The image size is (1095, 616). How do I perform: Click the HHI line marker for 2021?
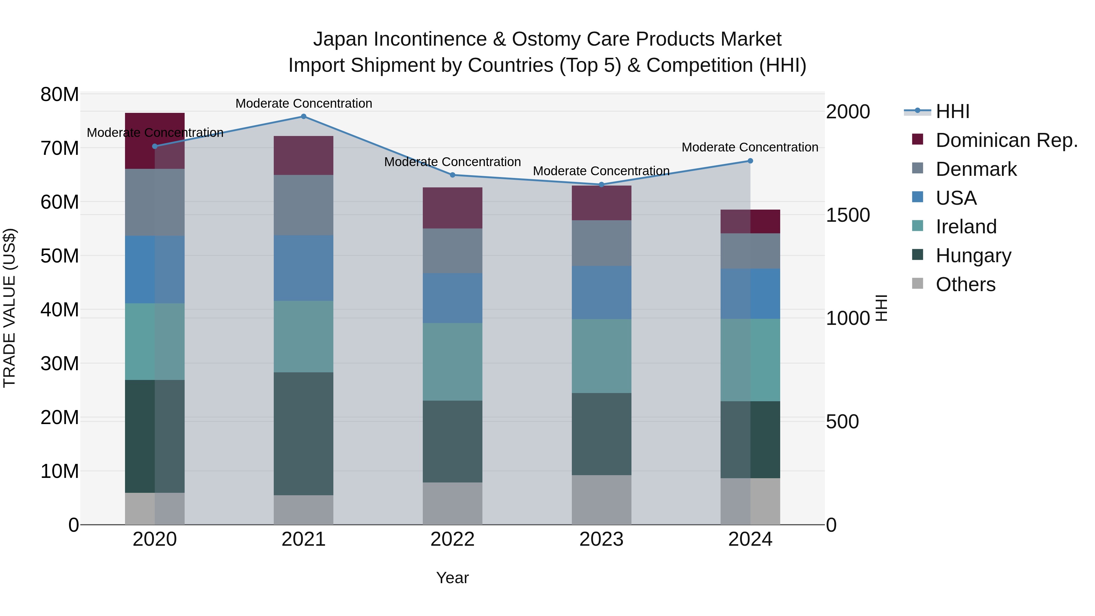click(304, 117)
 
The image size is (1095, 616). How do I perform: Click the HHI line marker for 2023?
click(601, 185)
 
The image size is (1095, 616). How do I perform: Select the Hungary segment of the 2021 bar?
click(304, 433)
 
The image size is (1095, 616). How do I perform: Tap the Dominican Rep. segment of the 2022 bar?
click(452, 208)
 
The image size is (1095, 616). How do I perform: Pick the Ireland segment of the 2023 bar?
click(601, 356)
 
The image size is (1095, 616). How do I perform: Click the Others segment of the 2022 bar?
click(452, 503)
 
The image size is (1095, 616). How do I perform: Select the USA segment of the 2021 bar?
click(304, 268)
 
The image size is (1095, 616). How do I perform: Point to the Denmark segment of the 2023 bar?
click(601, 243)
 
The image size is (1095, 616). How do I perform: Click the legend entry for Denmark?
click(976, 169)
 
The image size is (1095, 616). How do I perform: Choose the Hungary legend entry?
click(973, 256)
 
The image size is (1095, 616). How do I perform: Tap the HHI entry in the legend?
click(952, 111)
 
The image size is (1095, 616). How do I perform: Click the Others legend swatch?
click(918, 284)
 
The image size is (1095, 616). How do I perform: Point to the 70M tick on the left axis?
click(60, 148)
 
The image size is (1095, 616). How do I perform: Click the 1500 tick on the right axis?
click(848, 215)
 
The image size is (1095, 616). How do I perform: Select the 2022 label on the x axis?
click(452, 539)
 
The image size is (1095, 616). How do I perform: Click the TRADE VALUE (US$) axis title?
click(9, 308)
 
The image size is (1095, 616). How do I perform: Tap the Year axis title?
click(452, 578)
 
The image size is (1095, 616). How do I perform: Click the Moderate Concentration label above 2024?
click(750, 148)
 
